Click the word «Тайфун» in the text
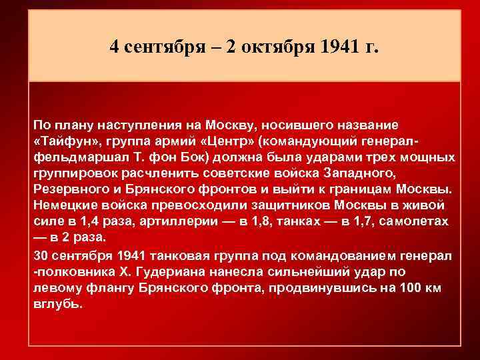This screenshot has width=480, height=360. pos(63,141)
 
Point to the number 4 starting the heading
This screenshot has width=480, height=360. pos(115,48)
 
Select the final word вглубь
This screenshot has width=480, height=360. pos(58,304)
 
